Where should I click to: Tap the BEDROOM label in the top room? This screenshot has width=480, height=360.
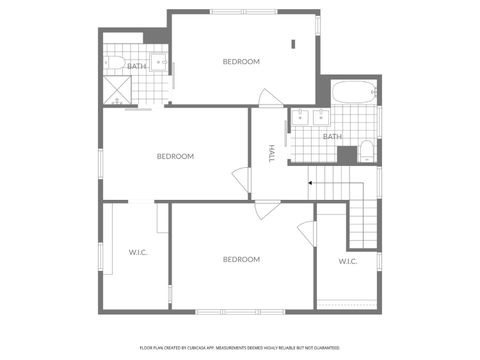(x=241, y=62)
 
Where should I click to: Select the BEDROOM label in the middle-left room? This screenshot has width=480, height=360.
(x=175, y=156)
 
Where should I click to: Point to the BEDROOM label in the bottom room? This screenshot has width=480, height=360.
(x=241, y=260)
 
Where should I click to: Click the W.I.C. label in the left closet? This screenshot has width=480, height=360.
(x=138, y=252)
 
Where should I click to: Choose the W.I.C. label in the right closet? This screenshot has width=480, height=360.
(x=347, y=261)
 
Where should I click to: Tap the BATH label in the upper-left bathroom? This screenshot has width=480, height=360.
(x=137, y=67)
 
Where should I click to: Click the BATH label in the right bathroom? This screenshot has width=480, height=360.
(x=332, y=136)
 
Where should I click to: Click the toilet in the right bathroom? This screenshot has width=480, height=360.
(x=367, y=152)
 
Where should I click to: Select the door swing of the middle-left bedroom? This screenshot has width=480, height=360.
(x=241, y=179)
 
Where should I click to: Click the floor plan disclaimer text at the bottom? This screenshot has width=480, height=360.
(x=240, y=348)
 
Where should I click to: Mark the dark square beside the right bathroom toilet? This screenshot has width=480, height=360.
(x=346, y=154)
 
